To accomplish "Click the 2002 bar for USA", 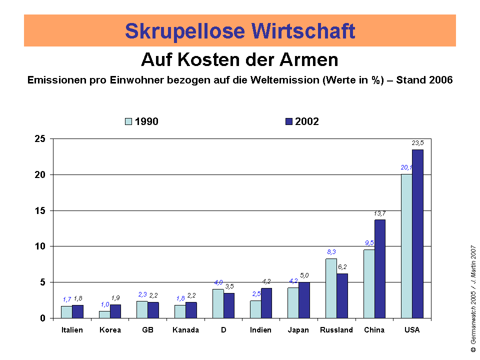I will tap(417, 233).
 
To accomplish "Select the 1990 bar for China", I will tap(369, 283).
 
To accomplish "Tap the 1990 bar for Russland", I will tap(331, 288).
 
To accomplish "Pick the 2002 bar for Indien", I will tap(266, 303).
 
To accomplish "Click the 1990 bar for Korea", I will tap(104, 314).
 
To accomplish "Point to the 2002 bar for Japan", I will tap(304, 300).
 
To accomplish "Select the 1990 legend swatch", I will tap(128, 121).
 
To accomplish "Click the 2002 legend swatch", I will tap(289, 121).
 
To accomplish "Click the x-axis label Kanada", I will tap(185, 330).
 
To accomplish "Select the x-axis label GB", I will tap(147, 330).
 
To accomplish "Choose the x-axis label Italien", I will tap(72, 330).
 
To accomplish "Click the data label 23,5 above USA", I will tap(417, 143).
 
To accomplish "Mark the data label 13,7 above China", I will tap(379, 213).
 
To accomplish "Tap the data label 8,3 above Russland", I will tap(331, 252).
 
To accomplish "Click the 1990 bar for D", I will tap(218, 303).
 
